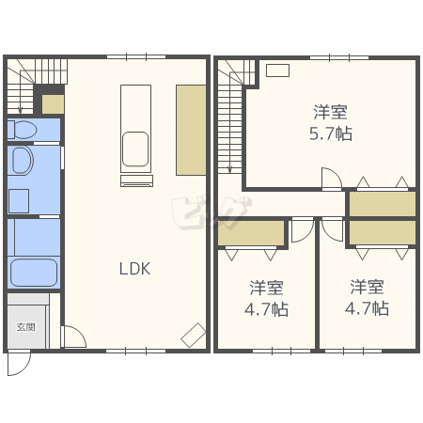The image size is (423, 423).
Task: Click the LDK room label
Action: [x=134, y=269]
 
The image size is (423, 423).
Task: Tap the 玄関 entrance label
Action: [x=25, y=327]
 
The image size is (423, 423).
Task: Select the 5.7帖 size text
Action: [x=331, y=133]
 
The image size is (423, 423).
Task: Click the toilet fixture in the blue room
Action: [x=22, y=130]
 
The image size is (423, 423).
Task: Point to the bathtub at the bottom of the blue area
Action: [x=34, y=273]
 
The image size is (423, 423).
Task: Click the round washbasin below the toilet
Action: [x=23, y=160]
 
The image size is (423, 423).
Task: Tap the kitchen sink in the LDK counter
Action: [x=135, y=149]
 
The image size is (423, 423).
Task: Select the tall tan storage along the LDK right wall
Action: [x=191, y=130]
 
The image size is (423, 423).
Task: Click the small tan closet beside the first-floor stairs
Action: [x=53, y=104]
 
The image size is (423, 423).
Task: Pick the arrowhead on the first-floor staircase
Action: [x=21, y=110]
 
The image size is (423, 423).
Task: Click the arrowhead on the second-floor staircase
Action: [x=229, y=170]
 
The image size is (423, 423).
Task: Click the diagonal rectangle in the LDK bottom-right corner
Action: [x=194, y=336]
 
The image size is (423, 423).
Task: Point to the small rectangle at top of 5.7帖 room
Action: [x=277, y=70]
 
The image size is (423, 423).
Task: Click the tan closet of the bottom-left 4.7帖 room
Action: [x=251, y=233]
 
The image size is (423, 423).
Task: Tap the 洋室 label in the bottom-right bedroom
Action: [x=367, y=287]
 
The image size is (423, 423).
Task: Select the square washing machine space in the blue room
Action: [x=19, y=201]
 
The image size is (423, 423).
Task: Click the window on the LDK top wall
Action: [x=136, y=57]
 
